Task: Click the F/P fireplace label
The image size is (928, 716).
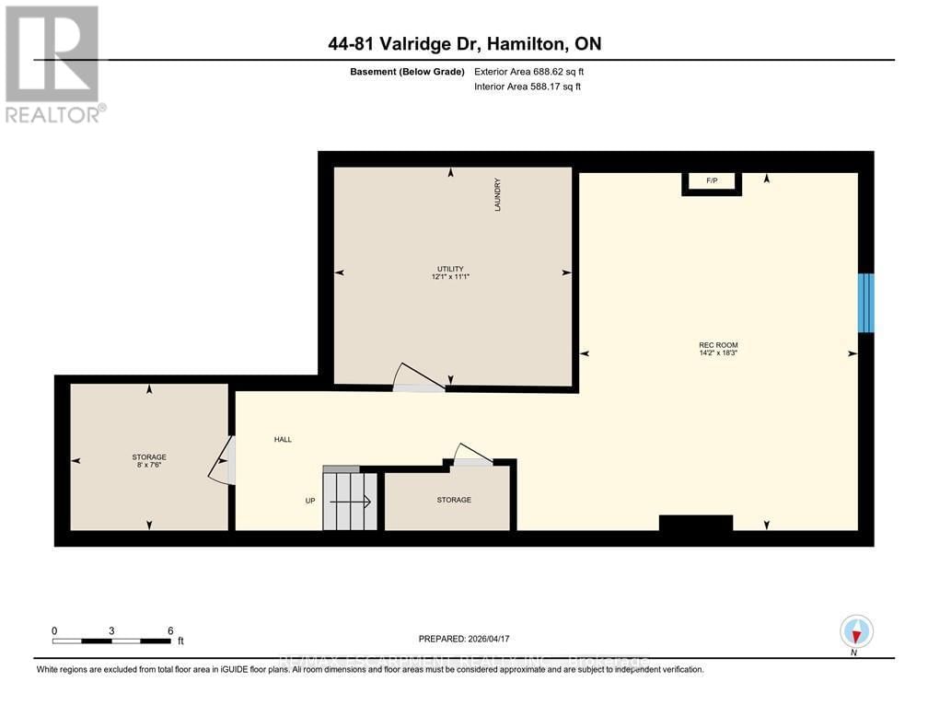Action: click(712, 180)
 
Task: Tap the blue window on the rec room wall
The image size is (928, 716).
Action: click(865, 303)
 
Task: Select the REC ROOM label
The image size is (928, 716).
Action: click(718, 345)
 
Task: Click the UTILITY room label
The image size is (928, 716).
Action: click(450, 269)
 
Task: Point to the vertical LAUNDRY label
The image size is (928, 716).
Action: click(497, 195)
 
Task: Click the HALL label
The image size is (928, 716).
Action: click(283, 439)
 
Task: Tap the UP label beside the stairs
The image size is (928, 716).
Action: click(310, 502)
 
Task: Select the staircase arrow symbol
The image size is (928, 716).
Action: click(350, 502)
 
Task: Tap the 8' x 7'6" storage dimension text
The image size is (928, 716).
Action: click(149, 465)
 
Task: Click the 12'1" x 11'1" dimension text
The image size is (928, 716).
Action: click(450, 277)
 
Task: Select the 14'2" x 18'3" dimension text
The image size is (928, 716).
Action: click(718, 353)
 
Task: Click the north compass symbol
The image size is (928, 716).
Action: click(856, 632)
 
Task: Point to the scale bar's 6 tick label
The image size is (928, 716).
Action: click(170, 630)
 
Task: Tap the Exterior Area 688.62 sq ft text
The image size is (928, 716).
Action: click(529, 71)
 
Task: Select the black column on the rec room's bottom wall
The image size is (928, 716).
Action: click(696, 523)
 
